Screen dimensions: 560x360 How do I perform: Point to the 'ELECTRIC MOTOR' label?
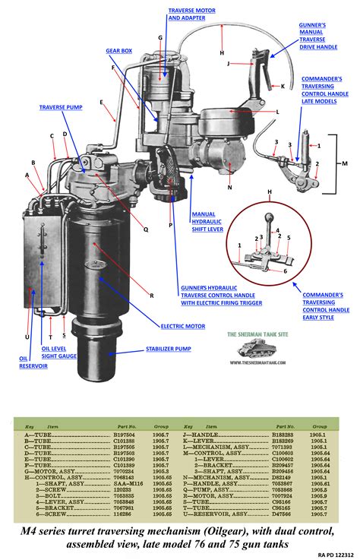[182, 326]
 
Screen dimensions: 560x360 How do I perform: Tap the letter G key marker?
[160, 37]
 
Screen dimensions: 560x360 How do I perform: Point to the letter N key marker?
[229, 187]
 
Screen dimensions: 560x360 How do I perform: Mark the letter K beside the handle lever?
[283, 86]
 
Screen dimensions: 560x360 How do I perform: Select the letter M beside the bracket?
[345, 163]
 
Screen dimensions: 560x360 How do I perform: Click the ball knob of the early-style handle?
[269, 215]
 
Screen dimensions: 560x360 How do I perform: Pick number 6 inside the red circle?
[286, 271]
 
